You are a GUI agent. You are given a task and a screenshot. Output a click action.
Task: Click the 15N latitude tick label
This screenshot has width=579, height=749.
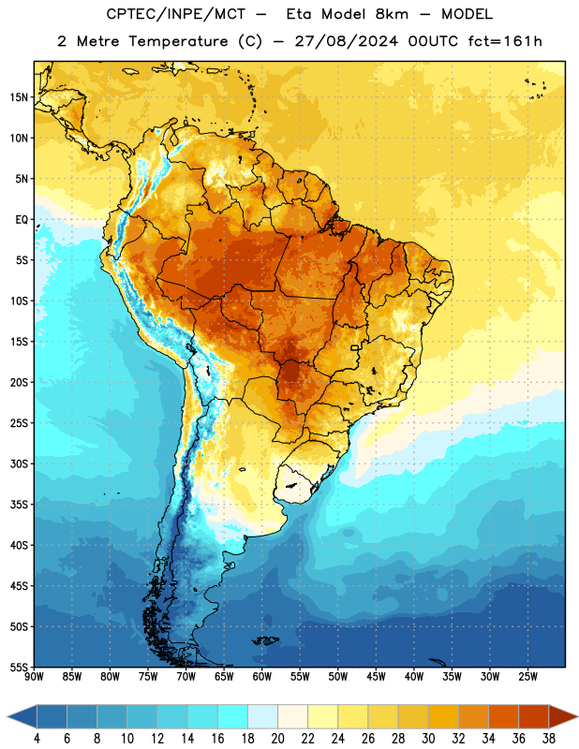point(19,97)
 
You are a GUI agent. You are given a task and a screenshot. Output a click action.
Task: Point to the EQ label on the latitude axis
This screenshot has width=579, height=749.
point(22,220)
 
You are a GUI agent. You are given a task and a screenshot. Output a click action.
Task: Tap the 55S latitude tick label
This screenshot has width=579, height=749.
point(19,668)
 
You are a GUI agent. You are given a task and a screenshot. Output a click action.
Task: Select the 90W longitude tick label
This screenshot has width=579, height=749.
point(34,677)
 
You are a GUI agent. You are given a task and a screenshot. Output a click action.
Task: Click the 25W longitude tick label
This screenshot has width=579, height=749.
point(527,677)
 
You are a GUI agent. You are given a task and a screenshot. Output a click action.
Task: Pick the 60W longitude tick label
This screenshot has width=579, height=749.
point(262,677)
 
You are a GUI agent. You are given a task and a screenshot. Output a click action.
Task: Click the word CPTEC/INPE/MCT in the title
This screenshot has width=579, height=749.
point(175,14)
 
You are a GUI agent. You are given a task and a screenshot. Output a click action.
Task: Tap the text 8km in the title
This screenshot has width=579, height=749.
point(392,14)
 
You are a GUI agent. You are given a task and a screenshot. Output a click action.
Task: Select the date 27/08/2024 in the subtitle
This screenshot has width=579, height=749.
point(346,41)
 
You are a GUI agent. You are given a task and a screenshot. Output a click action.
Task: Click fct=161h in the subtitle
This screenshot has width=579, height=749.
point(505,41)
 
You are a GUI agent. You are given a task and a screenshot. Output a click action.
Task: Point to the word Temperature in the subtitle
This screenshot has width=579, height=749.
point(178,41)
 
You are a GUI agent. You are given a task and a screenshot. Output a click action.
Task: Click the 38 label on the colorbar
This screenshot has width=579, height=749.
point(548,739)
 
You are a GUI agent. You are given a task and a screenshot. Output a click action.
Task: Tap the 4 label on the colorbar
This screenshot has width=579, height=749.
point(37,739)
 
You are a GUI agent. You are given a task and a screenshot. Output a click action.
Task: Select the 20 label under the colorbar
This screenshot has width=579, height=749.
point(277,739)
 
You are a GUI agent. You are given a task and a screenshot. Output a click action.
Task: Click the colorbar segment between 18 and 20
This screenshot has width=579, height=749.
point(262,716)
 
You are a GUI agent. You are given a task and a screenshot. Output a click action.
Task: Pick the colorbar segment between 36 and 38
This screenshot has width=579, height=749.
point(534,716)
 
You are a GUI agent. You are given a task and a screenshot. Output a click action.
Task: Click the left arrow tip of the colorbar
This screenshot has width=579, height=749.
point(7,716)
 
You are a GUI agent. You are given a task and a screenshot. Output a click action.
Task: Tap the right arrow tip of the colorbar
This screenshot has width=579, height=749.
point(577,716)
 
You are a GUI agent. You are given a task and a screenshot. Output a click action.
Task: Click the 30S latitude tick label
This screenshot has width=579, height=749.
point(19,463)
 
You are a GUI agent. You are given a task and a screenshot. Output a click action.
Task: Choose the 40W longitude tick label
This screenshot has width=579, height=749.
point(414,677)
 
